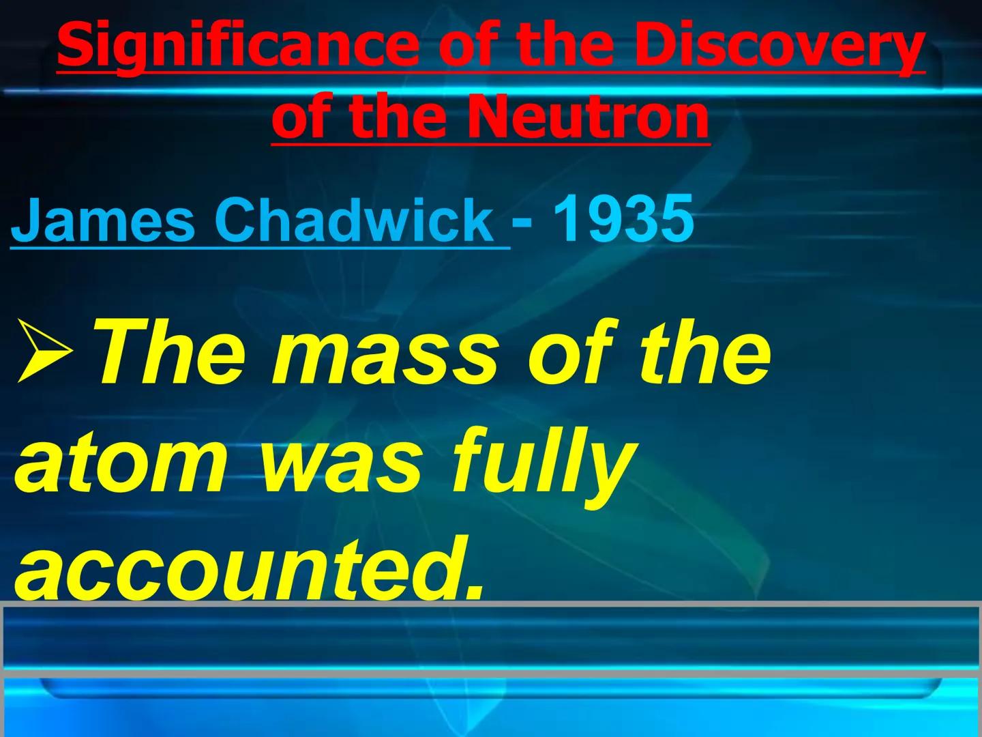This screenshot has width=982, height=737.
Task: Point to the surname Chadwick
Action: tap(355, 220)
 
